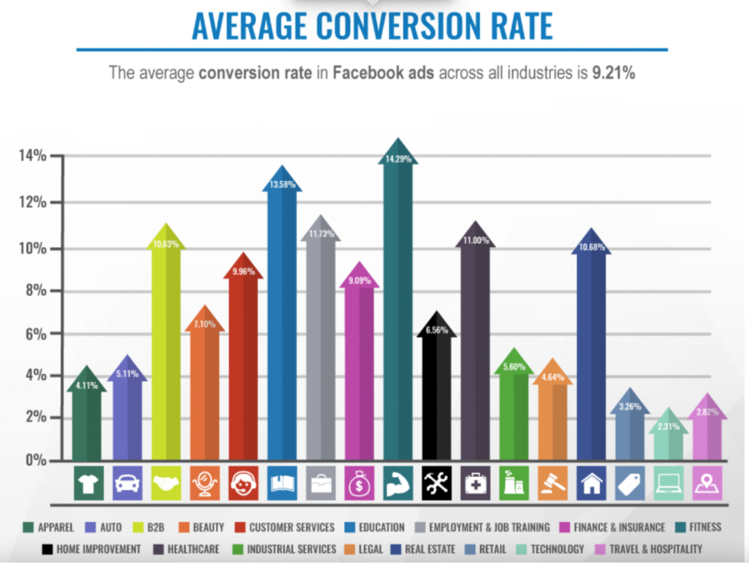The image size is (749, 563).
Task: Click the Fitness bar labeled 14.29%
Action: pyautogui.click(x=398, y=312)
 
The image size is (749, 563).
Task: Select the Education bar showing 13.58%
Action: pyautogui.click(x=282, y=326)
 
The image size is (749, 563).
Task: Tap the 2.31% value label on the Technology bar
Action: pyautogui.click(x=670, y=426)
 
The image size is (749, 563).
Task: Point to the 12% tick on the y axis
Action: pyautogui.click(x=33, y=202)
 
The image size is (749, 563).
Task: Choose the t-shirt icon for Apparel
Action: pyautogui.click(x=88, y=483)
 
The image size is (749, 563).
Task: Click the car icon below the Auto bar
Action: pyautogui.click(x=127, y=483)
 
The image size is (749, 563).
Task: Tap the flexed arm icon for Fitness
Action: pyautogui.click(x=398, y=483)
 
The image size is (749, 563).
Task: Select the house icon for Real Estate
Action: pyautogui.click(x=592, y=483)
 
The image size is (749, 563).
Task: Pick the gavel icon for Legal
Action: pyautogui.click(x=553, y=483)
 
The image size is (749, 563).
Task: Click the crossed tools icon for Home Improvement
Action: pyautogui.click(x=437, y=483)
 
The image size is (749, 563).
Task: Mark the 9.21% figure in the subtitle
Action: pyautogui.click(x=613, y=72)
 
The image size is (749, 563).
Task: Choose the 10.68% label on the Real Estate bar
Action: pyautogui.click(x=592, y=248)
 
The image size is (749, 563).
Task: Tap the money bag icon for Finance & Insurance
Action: pyautogui.click(x=359, y=483)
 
